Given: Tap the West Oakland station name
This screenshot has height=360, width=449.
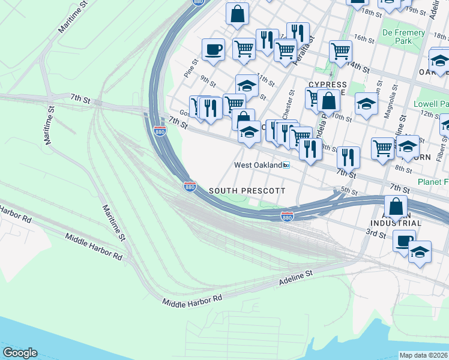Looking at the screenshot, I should pyautogui.click(x=258, y=165).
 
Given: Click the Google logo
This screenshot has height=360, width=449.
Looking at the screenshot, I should pyautogui.click(x=20, y=353).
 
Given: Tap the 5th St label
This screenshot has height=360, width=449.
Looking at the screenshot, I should pyautogui.click(x=349, y=193).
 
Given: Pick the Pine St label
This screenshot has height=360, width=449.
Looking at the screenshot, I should pyautogui.click(x=195, y=64).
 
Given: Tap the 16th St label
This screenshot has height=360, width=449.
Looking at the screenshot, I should pyautogui.click(x=364, y=37).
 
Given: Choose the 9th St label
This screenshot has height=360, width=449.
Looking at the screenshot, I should pyautogui.click(x=208, y=79).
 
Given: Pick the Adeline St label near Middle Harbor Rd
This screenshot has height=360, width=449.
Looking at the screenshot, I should pyautogui.click(x=297, y=276).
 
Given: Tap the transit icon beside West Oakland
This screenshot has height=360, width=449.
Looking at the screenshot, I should pyautogui.click(x=287, y=165).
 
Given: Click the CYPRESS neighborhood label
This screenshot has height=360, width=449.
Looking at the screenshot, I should pyautogui.click(x=327, y=85).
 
